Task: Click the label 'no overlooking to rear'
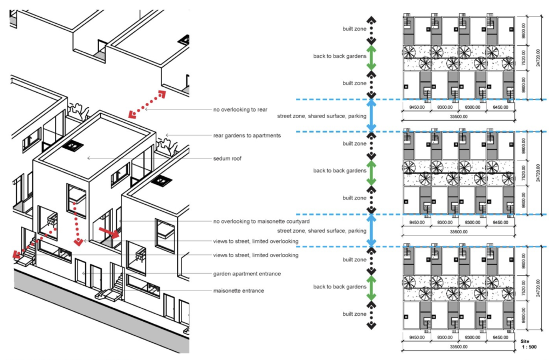tap(240, 109)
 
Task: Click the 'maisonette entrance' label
tap(239, 291)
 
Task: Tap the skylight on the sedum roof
tap(72, 145)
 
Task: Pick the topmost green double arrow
tap(371, 56)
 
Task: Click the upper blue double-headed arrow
tap(371, 114)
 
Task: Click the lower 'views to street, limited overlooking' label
tap(256, 255)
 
